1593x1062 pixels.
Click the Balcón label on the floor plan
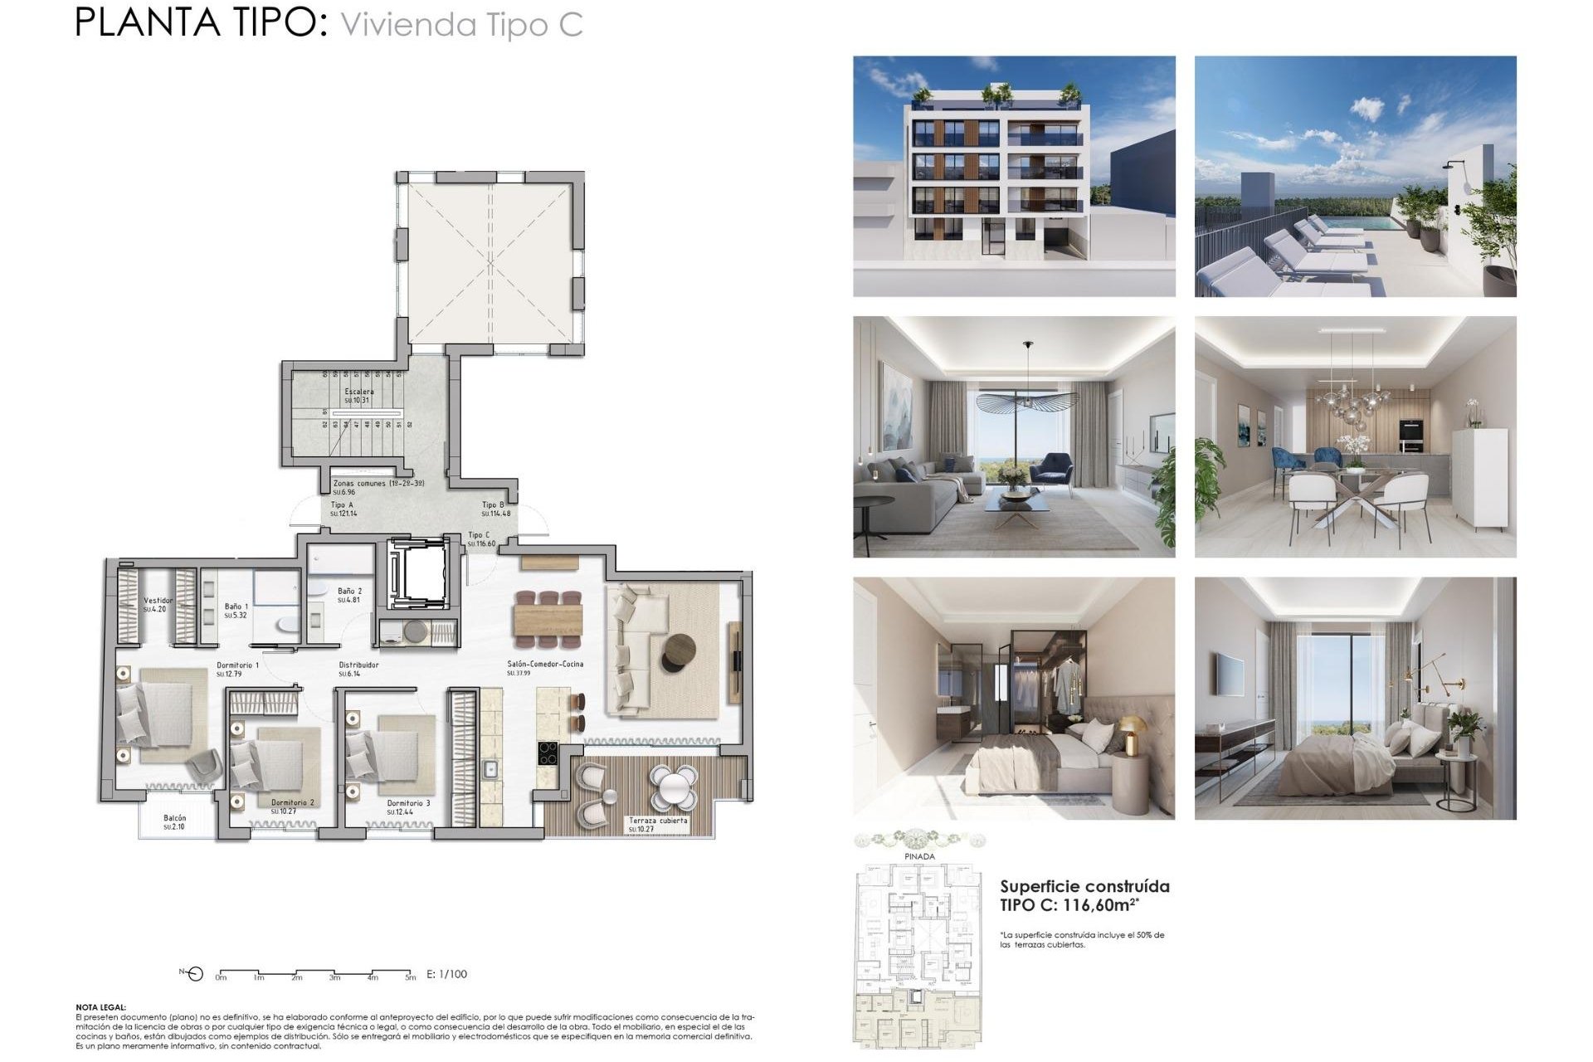[x=174, y=819]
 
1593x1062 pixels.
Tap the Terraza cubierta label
[x=658, y=821]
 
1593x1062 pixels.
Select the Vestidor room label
[x=158, y=601]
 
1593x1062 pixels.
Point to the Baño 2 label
[x=349, y=592]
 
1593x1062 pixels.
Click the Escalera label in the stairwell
[x=358, y=392]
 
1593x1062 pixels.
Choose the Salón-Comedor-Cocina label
[x=545, y=664]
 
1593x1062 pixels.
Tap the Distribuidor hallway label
[x=358, y=665]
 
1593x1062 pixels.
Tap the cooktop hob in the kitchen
[x=548, y=753]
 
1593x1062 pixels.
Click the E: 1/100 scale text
[x=446, y=974]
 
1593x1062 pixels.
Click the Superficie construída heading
[x=1084, y=886]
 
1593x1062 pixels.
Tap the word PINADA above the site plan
[x=919, y=856]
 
